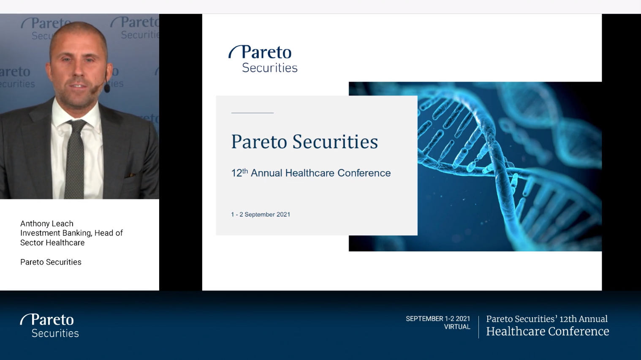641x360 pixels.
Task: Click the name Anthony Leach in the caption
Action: pos(46,224)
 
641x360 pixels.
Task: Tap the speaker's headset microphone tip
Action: pos(107,88)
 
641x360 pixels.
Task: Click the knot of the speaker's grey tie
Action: pos(76,126)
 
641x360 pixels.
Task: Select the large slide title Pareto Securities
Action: pos(304,142)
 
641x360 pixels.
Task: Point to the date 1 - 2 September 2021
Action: pos(261,215)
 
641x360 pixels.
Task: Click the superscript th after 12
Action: pos(245,171)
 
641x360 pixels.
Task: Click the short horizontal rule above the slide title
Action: pos(253,113)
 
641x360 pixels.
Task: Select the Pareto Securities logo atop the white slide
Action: pos(263,59)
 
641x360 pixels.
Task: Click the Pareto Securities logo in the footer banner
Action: pos(49,326)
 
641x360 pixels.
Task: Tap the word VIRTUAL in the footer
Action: pos(457,327)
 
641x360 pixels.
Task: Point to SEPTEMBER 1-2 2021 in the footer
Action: pos(438,319)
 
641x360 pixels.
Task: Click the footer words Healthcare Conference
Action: pos(548,331)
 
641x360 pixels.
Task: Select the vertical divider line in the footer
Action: pos(478,327)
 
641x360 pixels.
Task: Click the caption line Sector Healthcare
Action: pos(52,243)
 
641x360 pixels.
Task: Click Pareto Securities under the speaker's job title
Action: pos(51,262)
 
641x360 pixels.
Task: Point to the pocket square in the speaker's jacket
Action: pos(132,175)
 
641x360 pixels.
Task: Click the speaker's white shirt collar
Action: pos(77,115)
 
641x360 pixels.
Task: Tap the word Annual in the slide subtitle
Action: pos(266,173)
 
